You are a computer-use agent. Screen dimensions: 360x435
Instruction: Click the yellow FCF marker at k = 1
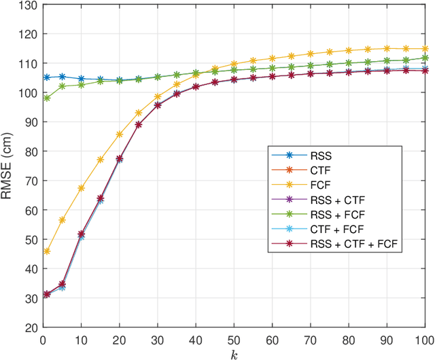(x=47, y=251)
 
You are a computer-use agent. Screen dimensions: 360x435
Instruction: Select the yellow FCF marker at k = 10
(x=82, y=188)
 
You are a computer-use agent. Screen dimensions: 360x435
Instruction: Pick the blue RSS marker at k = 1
(x=47, y=77)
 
